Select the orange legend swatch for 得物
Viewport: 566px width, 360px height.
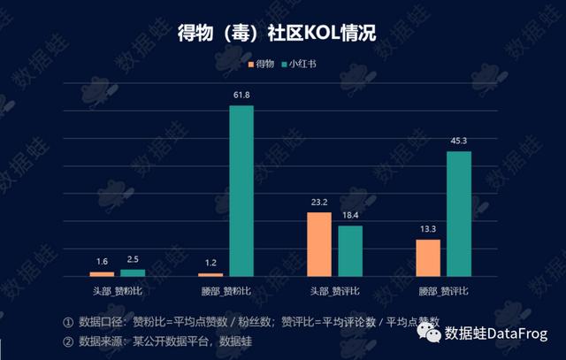250,65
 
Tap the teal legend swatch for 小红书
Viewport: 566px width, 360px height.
285,65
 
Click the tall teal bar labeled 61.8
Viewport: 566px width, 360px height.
241,191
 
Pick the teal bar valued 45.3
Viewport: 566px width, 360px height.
459,214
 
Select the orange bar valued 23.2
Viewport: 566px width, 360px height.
319,244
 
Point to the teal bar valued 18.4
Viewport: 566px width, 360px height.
350,251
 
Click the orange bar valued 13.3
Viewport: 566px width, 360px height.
428,257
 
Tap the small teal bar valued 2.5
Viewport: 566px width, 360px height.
133,272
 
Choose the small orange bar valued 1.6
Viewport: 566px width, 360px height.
102,273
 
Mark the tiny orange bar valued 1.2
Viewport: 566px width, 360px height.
210,274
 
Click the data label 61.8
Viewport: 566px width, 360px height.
241,94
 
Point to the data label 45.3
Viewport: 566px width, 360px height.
459,140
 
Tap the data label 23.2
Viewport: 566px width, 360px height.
319,202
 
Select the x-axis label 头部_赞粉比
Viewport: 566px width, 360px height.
117,289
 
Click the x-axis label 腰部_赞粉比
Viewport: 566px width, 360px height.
226,289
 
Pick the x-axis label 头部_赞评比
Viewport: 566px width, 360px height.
334,289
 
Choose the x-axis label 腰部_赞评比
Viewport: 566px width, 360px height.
443,289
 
